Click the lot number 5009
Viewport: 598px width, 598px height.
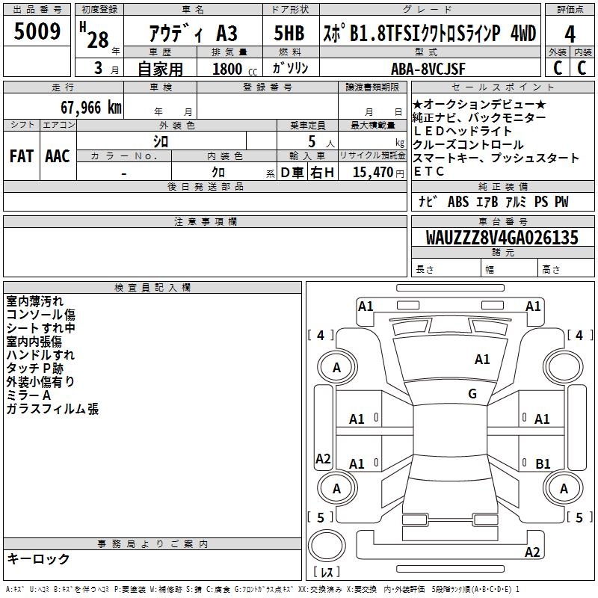37,32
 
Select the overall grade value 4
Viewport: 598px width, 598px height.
570,34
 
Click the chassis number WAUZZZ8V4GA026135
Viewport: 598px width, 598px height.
502,238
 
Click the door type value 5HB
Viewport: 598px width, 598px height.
289,34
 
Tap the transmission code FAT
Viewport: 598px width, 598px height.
22,155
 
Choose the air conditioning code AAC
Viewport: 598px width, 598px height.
58,155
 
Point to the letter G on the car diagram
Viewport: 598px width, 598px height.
472,394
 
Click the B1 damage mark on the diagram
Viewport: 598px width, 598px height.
543,464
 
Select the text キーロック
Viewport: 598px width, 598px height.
38,558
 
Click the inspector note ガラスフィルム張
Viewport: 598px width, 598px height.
52,409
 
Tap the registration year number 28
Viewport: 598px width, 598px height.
98,39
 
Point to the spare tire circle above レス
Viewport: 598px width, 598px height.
329,548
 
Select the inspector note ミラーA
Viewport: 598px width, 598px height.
28,395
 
